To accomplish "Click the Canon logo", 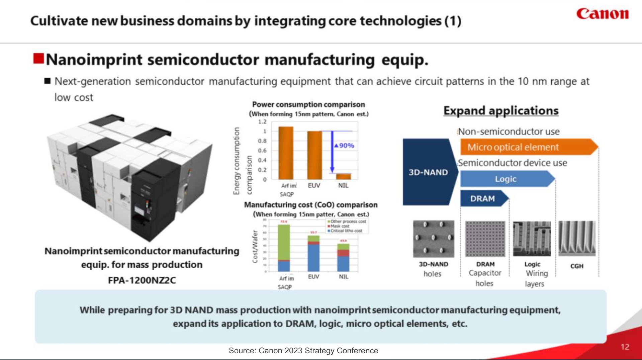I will point(602,14).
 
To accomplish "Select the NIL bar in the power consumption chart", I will point(343,176).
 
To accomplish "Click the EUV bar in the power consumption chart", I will point(314,155).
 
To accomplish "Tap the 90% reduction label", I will point(344,146).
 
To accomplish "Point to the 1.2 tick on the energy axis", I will point(262,122).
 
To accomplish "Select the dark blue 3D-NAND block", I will point(429,172).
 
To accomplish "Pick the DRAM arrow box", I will point(483,199).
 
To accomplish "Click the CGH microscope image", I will point(577,238).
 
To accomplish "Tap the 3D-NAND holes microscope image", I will point(434,238).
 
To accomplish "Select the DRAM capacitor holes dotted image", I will point(485,238).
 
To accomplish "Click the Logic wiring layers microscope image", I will point(532,238).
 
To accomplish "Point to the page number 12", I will point(625,347).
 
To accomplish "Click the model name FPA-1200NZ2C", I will point(142,280).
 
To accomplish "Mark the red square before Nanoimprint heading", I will point(38,59).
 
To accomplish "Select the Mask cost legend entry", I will point(340,226).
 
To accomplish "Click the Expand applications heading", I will point(501,111).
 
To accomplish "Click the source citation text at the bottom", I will point(303,351).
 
